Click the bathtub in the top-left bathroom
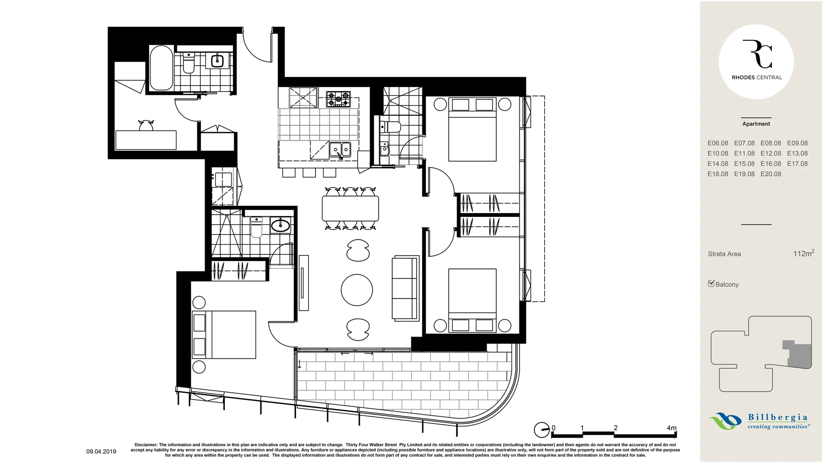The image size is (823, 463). pyautogui.click(x=161, y=68)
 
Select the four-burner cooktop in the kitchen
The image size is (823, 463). pyautogui.click(x=338, y=99)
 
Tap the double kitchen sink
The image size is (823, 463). pyautogui.click(x=340, y=150)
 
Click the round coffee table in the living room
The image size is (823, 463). pyautogui.click(x=357, y=290)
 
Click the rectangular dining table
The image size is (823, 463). pyautogui.click(x=350, y=208)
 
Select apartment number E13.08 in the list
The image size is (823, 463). pyautogui.click(x=797, y=153)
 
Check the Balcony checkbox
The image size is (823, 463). pyautogui.click(x=711, y=283)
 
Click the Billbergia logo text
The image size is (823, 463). pyautogui.click(x=777, y=418)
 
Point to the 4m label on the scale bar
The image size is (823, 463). pyautogui.click(x=671, y=428)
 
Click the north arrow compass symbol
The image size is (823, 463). pyautogui.click(x=541, y=430)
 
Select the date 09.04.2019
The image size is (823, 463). pyautogui.click(x=101, y=451)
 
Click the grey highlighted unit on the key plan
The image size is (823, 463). pyautogui.click(x=800, y=355)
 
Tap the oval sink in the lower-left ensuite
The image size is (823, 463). pyautogui.click(x=280, y=225)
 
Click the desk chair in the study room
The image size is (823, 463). pyautogui.click(x=146, y=126)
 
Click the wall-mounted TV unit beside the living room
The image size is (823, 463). pyautogui.click(x=304, y=283)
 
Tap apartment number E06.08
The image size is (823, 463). pyautogui.click(x=717, y=143)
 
